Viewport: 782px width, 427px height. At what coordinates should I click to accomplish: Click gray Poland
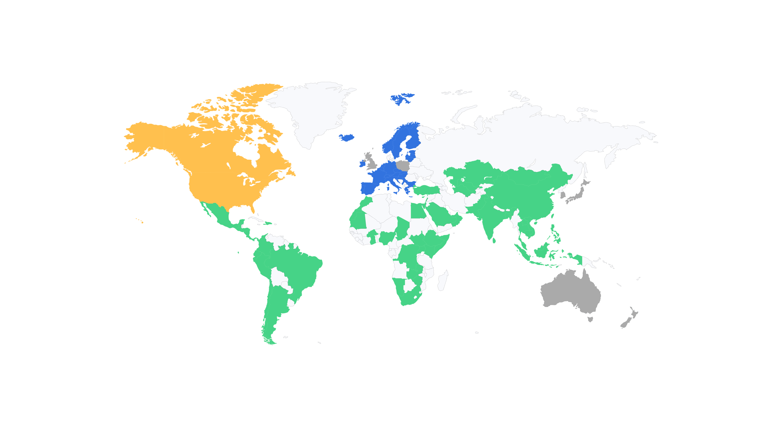point(403,166)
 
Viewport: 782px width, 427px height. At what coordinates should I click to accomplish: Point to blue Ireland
point(362,163)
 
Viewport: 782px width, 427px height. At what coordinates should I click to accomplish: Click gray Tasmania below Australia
point(590,319)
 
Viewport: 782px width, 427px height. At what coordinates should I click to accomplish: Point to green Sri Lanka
point(494,241)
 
